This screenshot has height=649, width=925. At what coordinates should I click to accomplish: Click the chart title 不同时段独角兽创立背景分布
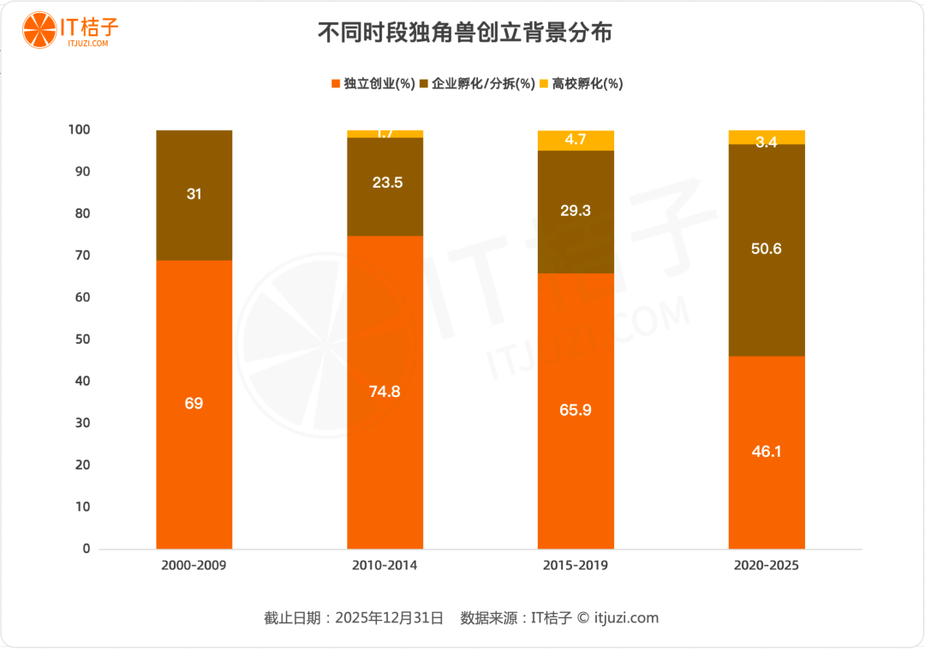pyautogui.click(x=464, y=33)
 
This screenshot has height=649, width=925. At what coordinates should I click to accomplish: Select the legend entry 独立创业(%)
pyautogui.click(x=373, y=83)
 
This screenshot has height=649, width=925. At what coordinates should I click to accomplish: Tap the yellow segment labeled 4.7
pyautogui.click(x=576, y=140)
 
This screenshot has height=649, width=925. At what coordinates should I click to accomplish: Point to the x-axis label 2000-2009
pyautogui.click(x=194, y=566)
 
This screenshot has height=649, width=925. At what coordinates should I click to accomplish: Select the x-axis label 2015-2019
pyautogui.click(x=576, y=566)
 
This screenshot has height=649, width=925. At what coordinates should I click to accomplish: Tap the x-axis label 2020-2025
pyautogui.click(x=767, y=566)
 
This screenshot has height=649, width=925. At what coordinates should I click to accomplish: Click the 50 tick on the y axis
pyautogui.click(x=81, y=340)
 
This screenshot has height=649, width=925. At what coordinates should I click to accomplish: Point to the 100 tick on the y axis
pyautogui.click(x=79, y=129)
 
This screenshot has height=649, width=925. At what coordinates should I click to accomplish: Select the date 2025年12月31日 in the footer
pyautogui.click(x=389, y=617)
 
